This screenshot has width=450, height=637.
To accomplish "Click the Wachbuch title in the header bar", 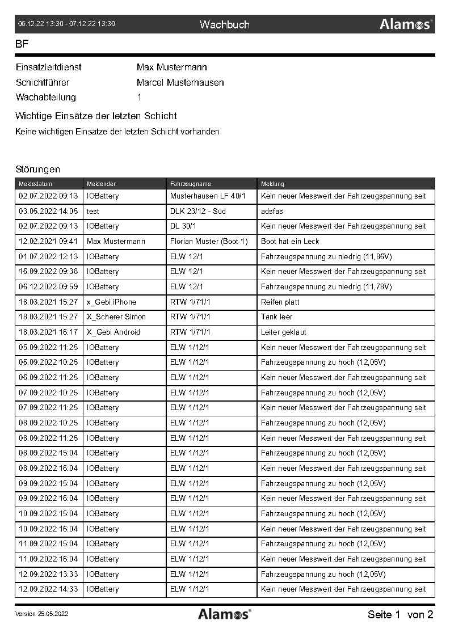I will [x=224, y=24].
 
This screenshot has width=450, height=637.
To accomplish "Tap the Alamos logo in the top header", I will [x=406, y=24].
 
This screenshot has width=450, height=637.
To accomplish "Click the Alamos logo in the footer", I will [x=224, y=614].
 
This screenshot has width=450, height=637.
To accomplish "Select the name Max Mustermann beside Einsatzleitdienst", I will [x=171, y=68].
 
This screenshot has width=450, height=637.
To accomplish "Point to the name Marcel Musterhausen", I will [x=180, y=83].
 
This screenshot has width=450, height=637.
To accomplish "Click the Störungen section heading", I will [x=37, y=169].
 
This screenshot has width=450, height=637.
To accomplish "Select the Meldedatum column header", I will [x=35, y=184].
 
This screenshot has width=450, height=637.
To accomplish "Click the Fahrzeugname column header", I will [x=191, y=184].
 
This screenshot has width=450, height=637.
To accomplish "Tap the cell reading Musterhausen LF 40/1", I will [x=208, y=196].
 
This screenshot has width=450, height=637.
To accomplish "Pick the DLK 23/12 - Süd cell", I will [x=198, y=211].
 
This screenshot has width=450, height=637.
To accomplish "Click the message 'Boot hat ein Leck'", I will [x=290, y=242].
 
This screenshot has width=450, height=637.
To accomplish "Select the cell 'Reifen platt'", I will [x=280, y=302].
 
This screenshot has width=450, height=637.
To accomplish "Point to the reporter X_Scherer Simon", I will [x=116, y=317].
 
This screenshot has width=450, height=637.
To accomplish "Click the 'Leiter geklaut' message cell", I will [x=284, y=332].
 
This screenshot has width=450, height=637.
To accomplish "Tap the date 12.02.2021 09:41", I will [x=48, y=242].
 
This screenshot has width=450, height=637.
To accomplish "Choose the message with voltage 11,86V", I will [x=326, y=256].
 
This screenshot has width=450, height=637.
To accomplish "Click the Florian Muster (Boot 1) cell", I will [x=209, y=242].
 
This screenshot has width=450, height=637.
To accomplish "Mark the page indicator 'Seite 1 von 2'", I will [x=400, y=614].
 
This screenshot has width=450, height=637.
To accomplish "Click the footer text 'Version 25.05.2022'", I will [x=41, y=614].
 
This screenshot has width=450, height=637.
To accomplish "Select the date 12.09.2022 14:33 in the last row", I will [x=48, y=589].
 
